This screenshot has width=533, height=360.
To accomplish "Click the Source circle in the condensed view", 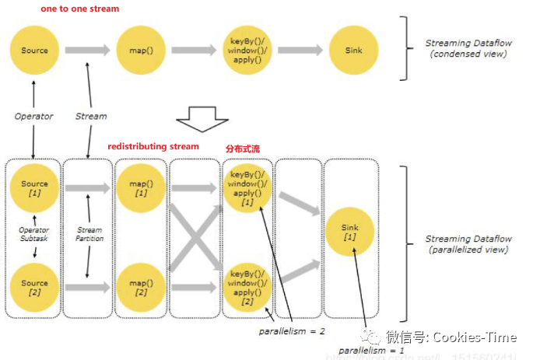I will pos(34,51).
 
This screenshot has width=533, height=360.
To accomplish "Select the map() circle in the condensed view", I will pos(141,51).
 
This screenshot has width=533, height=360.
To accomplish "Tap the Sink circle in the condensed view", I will pos(353,51).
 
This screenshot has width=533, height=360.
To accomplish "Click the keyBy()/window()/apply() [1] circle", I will pos(247,187).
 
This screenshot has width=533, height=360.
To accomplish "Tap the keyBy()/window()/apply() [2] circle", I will pos(247,288).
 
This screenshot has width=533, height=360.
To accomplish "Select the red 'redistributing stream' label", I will pos(153,146).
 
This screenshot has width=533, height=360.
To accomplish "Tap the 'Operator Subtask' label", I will pos(34,235).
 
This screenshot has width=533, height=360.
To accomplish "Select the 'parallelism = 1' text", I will pos(364,350).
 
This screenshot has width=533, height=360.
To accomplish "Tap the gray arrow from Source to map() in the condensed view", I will pos(87,51).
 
